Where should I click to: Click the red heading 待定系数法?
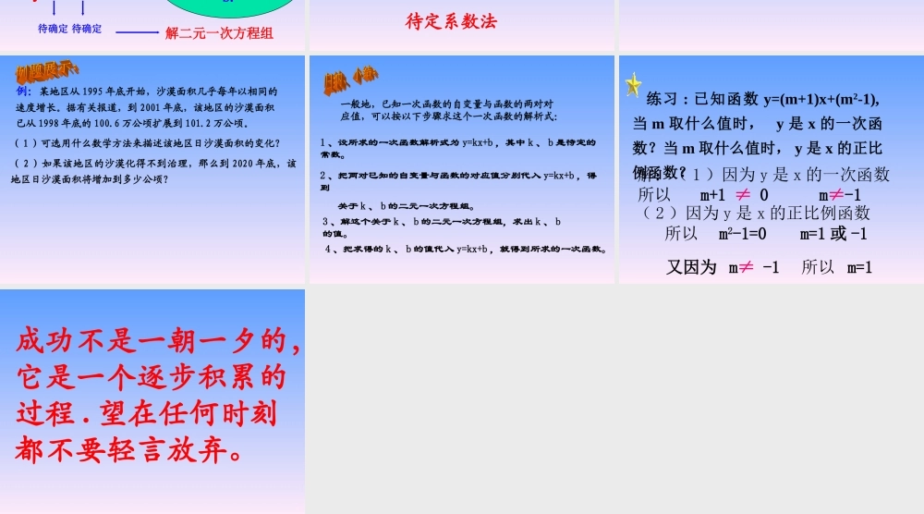pyautogui.click(x=451, y=21)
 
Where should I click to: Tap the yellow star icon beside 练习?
pyautogui.click(x=633, y=85)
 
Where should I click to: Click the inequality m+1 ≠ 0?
pyautogui.click(x=734, y=195)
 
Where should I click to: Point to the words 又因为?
pyautogui.click(x=691, y=268)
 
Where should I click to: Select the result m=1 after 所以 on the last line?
pyautogui.click(x=859, y=268)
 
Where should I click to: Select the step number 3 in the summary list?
pyautogui.click(x=326, y=222)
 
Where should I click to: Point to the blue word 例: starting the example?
pyautogui.click(x=24, y=92)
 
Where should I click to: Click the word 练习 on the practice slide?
pyautogui.click(x=665, y=100)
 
